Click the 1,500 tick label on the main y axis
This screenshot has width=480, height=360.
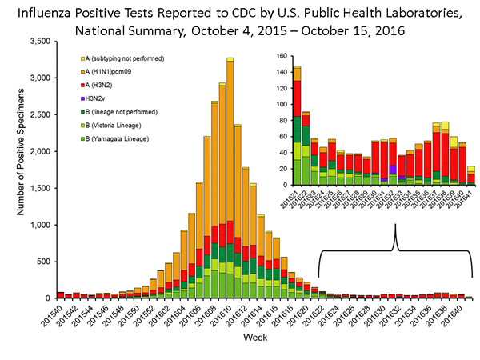(x=40, y=187)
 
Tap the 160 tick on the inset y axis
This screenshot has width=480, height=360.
(x=280, y=57)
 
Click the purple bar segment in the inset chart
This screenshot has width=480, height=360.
(x=393, y=170)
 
